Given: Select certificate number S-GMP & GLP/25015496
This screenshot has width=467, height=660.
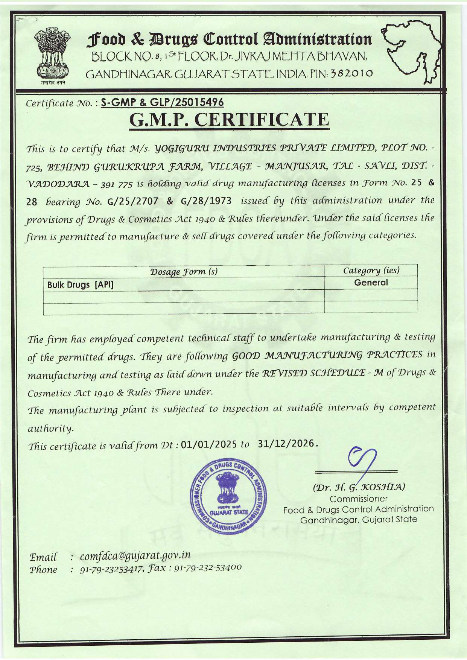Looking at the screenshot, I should [x=163, y=102].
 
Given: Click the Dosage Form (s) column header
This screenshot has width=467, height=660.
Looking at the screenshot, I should [x=184, y=271].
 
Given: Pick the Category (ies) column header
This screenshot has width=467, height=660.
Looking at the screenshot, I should [x=371, y=270].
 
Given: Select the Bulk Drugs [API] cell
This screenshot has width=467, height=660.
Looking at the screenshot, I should [x=81, y=285].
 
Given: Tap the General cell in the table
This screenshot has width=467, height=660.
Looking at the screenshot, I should [x=371, y=283].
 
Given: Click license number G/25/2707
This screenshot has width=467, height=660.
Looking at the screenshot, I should [x=133, y=201].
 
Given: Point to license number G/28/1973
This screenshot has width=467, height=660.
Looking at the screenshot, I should [x=206, y=201].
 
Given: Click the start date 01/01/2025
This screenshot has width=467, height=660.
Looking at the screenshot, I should [x=208, y=445].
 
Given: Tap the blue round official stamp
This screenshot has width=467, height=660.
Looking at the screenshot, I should [x=228, y=496].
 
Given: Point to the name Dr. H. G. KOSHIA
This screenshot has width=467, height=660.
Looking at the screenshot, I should [x=359, y=487].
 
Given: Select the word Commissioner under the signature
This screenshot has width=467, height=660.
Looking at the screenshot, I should [x=359, y=499].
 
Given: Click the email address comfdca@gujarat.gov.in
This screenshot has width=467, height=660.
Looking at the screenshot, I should [x=135, y=555].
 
